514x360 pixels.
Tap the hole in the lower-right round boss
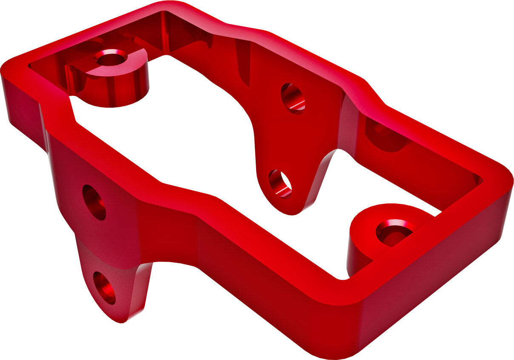click(395, 233)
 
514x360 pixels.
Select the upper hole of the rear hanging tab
click(293, 98)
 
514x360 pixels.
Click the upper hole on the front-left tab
click(94, 203)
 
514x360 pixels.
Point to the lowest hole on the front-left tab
click(104, 288)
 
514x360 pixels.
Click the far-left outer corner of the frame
click(6, 70)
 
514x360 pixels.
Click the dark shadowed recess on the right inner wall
click(385, 136)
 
